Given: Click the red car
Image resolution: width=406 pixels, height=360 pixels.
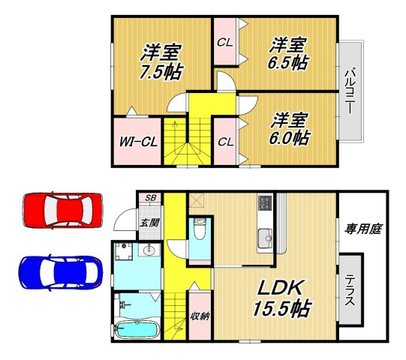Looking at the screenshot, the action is click(x=63, y=210).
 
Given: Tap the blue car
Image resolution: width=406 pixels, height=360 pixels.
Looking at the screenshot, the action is click(x=60, y=272).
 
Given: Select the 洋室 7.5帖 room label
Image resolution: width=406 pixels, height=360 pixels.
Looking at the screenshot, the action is click(x=161, y=62).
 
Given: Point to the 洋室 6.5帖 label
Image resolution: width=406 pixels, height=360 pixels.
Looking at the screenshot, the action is click(x=288, y=54).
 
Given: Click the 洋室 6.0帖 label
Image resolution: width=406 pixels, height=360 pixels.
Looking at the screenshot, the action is click(x=289, y=129).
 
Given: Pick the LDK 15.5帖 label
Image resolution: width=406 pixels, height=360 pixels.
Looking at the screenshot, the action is click(x=281, y=298).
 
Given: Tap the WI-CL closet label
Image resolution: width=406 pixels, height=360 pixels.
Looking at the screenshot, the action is click(x=138, y=142).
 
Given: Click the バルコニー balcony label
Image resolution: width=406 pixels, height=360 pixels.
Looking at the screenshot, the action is click(x=350, y=90).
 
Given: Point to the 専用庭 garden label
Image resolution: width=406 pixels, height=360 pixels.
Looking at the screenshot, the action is click(x=362, y=229).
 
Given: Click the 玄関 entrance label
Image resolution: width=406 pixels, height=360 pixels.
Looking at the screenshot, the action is click(x=149, y=223).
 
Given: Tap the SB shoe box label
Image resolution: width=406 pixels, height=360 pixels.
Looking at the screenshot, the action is click(x=150, y=198).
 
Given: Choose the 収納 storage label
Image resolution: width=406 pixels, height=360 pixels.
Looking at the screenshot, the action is click(x=200, y=316).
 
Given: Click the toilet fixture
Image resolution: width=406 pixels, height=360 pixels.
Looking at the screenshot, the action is click(x=199, y=229).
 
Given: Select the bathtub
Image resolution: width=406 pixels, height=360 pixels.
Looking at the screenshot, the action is click(x=136, y=329).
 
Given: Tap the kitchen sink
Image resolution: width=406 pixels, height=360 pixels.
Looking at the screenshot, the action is click(x=264, y=238).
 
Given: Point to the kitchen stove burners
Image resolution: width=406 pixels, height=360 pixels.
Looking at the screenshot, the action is click(x=264, y=203).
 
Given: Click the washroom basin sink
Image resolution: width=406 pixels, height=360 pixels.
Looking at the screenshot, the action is click(x=149, y=250).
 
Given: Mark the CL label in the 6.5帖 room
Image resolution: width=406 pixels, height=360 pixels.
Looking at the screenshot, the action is click(x=224, y=43).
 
